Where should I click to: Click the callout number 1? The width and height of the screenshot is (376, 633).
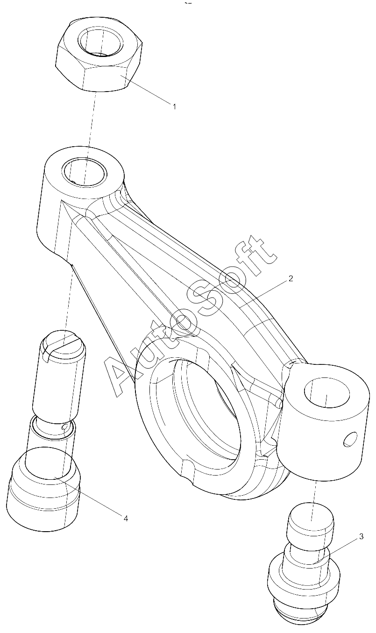(x=174, y=107)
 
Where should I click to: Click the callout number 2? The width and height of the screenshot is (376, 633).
(x=291, y=278)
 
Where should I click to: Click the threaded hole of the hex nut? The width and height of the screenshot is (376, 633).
(x=101, y=42)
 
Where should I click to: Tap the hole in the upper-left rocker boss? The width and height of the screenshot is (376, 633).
(x=84, y=172)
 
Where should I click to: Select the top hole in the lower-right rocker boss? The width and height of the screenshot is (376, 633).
(x=326, y=393)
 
